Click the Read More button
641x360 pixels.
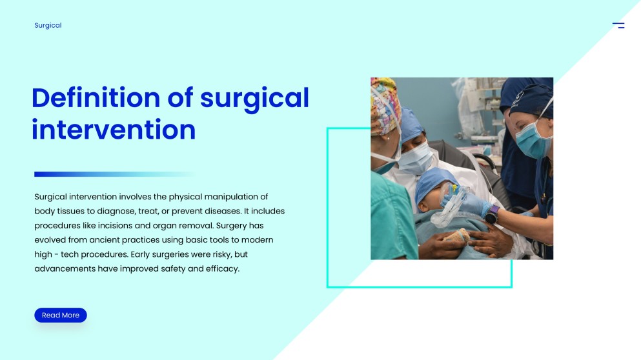pos(61,315)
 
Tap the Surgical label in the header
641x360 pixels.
pos(48,25)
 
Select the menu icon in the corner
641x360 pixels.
pos(618,25)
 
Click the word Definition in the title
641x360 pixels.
pos(96,98)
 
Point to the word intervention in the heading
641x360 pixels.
pos(114,130)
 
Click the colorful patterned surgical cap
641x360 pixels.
pos(384,105)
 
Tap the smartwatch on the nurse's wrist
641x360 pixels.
pos(492,215)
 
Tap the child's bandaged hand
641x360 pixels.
pos(457,236)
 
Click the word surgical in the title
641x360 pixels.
pos(254,98)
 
